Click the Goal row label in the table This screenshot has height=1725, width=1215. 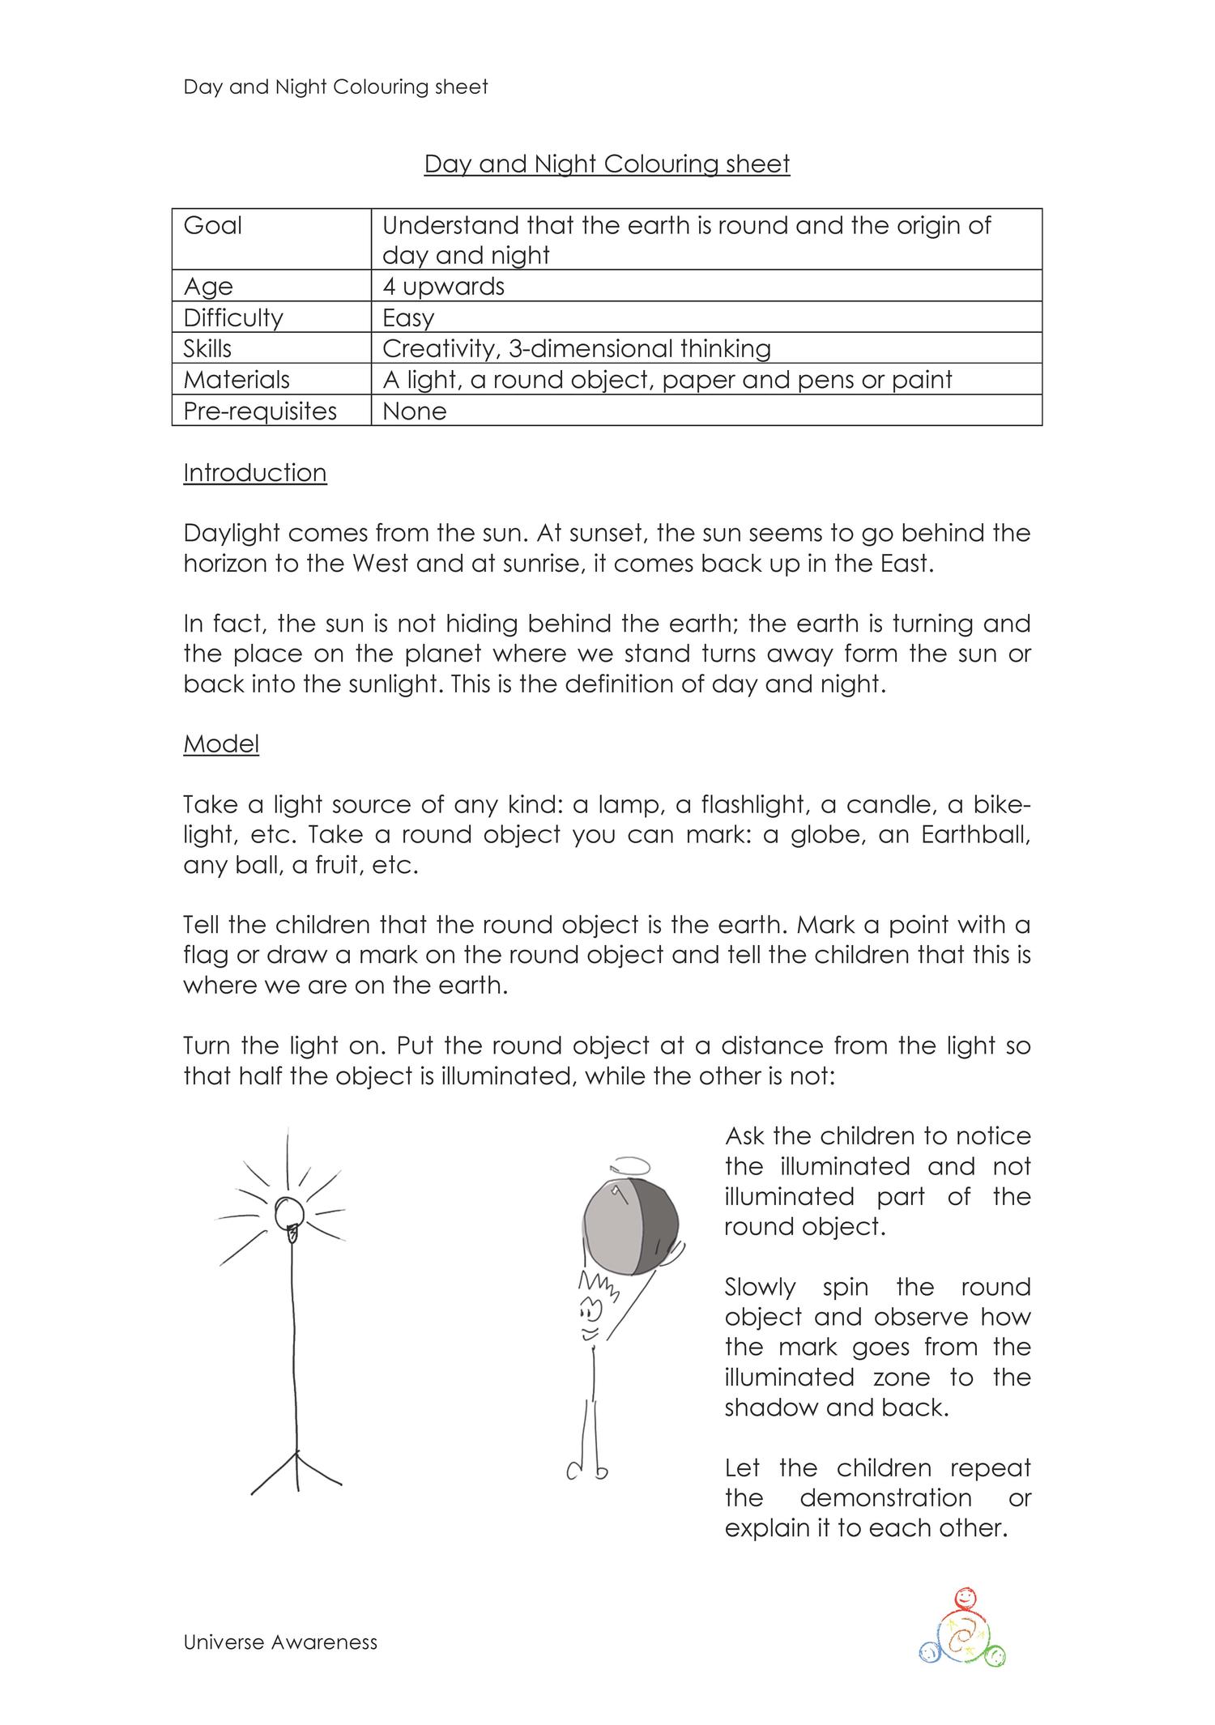click(x=213, y=225)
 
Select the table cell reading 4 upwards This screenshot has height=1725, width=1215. click(x=443, y=287)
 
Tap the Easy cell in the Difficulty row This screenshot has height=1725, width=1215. click(x=408, y=317)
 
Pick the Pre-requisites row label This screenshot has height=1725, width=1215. click(x=260, y=411)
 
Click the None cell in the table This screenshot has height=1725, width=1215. click(x=414, y=411)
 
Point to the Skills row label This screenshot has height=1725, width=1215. click(x=207, y=349)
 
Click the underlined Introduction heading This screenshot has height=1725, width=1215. click(x=255, y=473)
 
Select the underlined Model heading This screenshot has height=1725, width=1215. click(x=221, y=743)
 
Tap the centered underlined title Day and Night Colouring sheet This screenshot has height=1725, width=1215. click(x=607, y=164)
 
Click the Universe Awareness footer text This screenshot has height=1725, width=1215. click(x=280, y=1642)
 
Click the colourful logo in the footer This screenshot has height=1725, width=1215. click(x=963, y=1628)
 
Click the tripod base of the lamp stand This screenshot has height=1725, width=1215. click(x=296, y=1472)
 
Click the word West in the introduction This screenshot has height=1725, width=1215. click(x=381, y=564)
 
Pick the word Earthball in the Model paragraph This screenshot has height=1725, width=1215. click(x=975, y=835)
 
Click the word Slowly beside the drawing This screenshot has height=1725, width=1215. click(x=760, y=1288)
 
